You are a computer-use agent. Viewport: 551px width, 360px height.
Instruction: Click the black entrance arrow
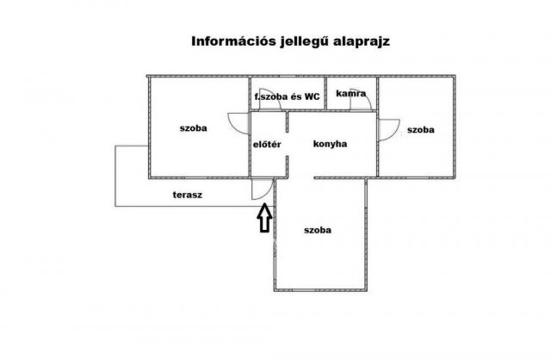264,218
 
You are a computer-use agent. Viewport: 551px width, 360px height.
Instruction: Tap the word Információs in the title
233,41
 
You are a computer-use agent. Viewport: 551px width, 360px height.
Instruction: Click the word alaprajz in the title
362,42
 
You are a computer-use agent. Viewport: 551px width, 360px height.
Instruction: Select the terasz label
188,195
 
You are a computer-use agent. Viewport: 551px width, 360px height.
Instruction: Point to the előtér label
267,144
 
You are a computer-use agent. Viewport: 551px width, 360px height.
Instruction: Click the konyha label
330,144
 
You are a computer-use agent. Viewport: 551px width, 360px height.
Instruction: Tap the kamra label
350,93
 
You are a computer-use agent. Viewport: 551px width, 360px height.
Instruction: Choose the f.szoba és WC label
287,96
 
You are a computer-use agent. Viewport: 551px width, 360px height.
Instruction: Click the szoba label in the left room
193,128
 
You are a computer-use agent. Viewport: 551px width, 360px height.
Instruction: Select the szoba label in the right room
421,130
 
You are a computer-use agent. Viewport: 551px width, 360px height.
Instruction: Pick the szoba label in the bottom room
318,230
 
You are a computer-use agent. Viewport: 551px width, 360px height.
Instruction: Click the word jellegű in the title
305,42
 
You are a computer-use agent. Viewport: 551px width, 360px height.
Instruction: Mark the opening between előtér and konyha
287,144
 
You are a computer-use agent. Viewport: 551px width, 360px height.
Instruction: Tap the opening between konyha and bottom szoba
300,178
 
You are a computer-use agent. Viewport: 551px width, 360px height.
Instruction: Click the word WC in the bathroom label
313,96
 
